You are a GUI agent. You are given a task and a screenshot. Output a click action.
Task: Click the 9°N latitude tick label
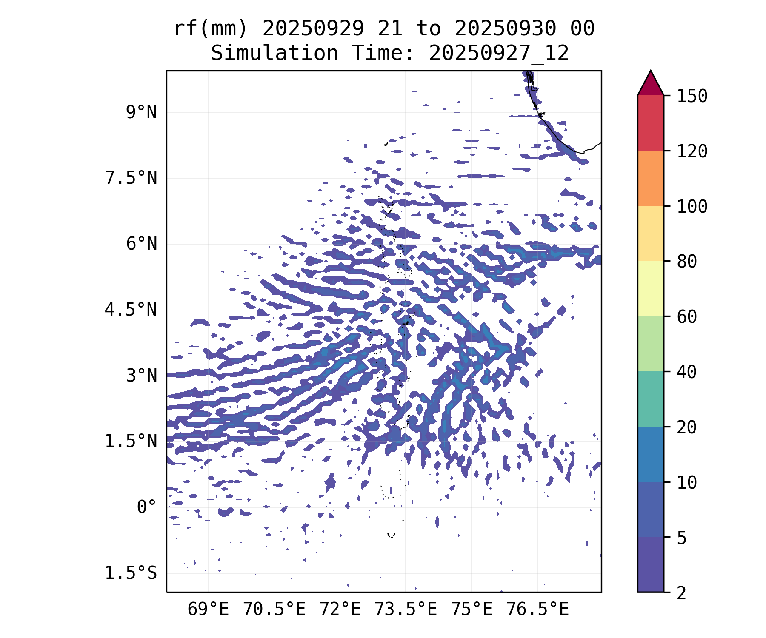[141, 113]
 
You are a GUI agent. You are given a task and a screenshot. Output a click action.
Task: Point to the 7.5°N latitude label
[131, 178]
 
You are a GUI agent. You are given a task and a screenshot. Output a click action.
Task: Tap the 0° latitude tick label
[147, 507]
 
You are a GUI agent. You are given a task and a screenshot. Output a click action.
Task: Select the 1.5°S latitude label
[131, 573]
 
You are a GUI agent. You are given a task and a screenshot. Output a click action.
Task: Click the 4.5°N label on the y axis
[131, 310]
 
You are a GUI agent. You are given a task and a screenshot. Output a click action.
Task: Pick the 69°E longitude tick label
[208, 610]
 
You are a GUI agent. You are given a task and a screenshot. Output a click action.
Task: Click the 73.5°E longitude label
[406, 610]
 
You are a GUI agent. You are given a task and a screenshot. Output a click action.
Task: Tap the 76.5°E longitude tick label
[537, 610]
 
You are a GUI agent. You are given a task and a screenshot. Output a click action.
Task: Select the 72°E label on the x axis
[340, 610]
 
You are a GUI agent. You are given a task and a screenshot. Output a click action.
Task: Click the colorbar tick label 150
[692, 96]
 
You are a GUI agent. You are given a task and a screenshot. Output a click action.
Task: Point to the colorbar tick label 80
[687, 262]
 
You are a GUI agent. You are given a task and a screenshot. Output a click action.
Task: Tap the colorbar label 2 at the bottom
[682, 593]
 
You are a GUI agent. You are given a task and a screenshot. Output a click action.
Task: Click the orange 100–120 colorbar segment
[650, 178]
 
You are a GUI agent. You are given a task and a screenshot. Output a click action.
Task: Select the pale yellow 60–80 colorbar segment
[650, 288]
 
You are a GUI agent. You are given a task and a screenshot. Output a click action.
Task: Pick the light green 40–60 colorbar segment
[650, 344]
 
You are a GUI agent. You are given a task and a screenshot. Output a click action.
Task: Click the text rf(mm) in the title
[210, 29]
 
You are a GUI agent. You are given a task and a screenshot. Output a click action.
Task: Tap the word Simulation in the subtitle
[274, 54]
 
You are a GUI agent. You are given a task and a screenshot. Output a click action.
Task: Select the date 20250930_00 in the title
[524, 29]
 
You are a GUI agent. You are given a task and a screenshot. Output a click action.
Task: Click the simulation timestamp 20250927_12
[499, 54]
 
